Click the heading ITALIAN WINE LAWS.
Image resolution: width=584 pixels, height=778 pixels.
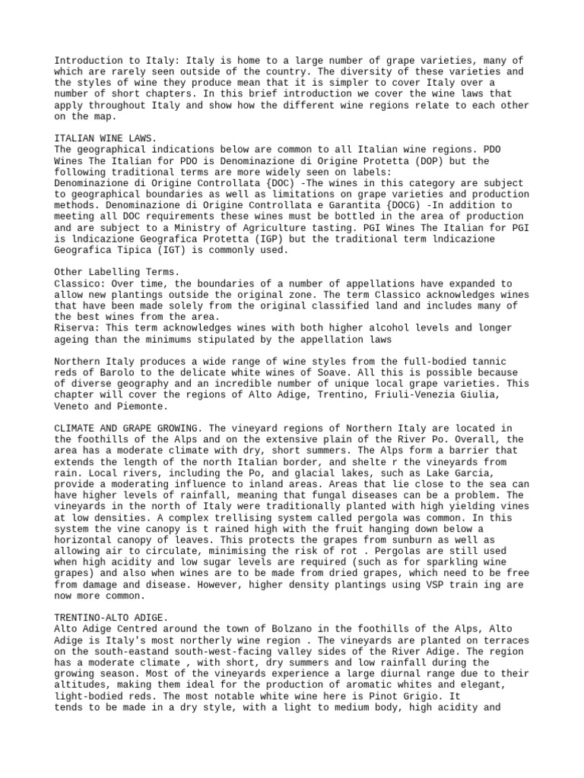[x=106, y=138]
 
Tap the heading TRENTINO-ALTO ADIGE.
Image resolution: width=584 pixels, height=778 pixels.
[x=109, y=618]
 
